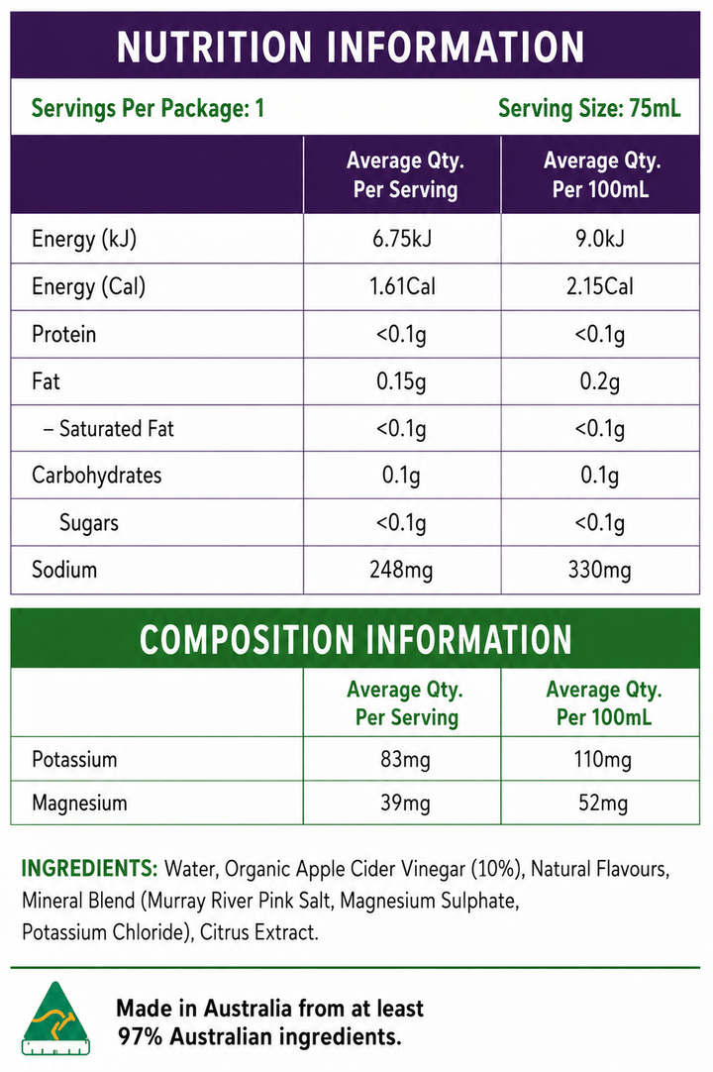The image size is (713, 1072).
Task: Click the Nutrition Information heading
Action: point(351,47)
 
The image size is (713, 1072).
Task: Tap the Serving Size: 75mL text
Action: point(589,108)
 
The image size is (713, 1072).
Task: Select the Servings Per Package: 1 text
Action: point(148,108)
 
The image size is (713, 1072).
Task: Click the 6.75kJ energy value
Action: point(402,239)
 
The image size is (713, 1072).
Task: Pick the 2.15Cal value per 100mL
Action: point(599,285)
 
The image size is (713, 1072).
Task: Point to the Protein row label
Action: point(63,334)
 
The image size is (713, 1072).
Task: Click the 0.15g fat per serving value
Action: point(401,381)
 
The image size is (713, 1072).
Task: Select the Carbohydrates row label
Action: point(96,476)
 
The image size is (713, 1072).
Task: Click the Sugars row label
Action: point(89,523)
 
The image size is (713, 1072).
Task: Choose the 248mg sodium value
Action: point(401,571)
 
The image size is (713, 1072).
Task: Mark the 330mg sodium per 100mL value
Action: point(599,571)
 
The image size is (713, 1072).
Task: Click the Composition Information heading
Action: point(356,639)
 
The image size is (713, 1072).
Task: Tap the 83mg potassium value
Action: point(405,760)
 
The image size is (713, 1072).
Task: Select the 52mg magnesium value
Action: point(603,803)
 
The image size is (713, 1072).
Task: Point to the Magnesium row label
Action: point(79,803)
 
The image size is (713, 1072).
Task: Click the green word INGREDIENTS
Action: point(89,868)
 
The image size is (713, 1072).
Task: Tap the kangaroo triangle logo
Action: point(55,1018)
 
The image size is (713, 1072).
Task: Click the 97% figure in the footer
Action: point(140,1037)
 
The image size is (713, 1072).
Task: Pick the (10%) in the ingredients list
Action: point(497,869)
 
